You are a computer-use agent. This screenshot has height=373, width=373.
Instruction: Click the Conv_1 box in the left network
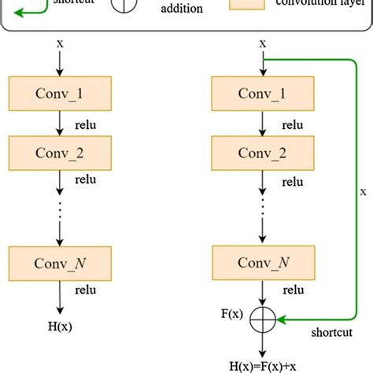tap(61, 93)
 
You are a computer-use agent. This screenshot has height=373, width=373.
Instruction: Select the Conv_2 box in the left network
tap(61, 152)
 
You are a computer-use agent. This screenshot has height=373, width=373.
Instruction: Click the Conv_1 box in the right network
tap(262, 93)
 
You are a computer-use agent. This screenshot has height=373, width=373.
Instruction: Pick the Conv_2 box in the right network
tap(262, 152)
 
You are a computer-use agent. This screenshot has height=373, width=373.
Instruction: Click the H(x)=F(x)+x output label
tap(262, 365)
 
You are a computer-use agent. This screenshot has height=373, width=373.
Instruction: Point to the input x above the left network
tap(60, 43)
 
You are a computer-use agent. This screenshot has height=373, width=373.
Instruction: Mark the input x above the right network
tap(262, 43)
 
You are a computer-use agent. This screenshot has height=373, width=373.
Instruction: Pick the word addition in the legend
tap(181, 9)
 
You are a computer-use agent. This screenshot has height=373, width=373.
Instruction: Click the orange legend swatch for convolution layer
tap(246, 4)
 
